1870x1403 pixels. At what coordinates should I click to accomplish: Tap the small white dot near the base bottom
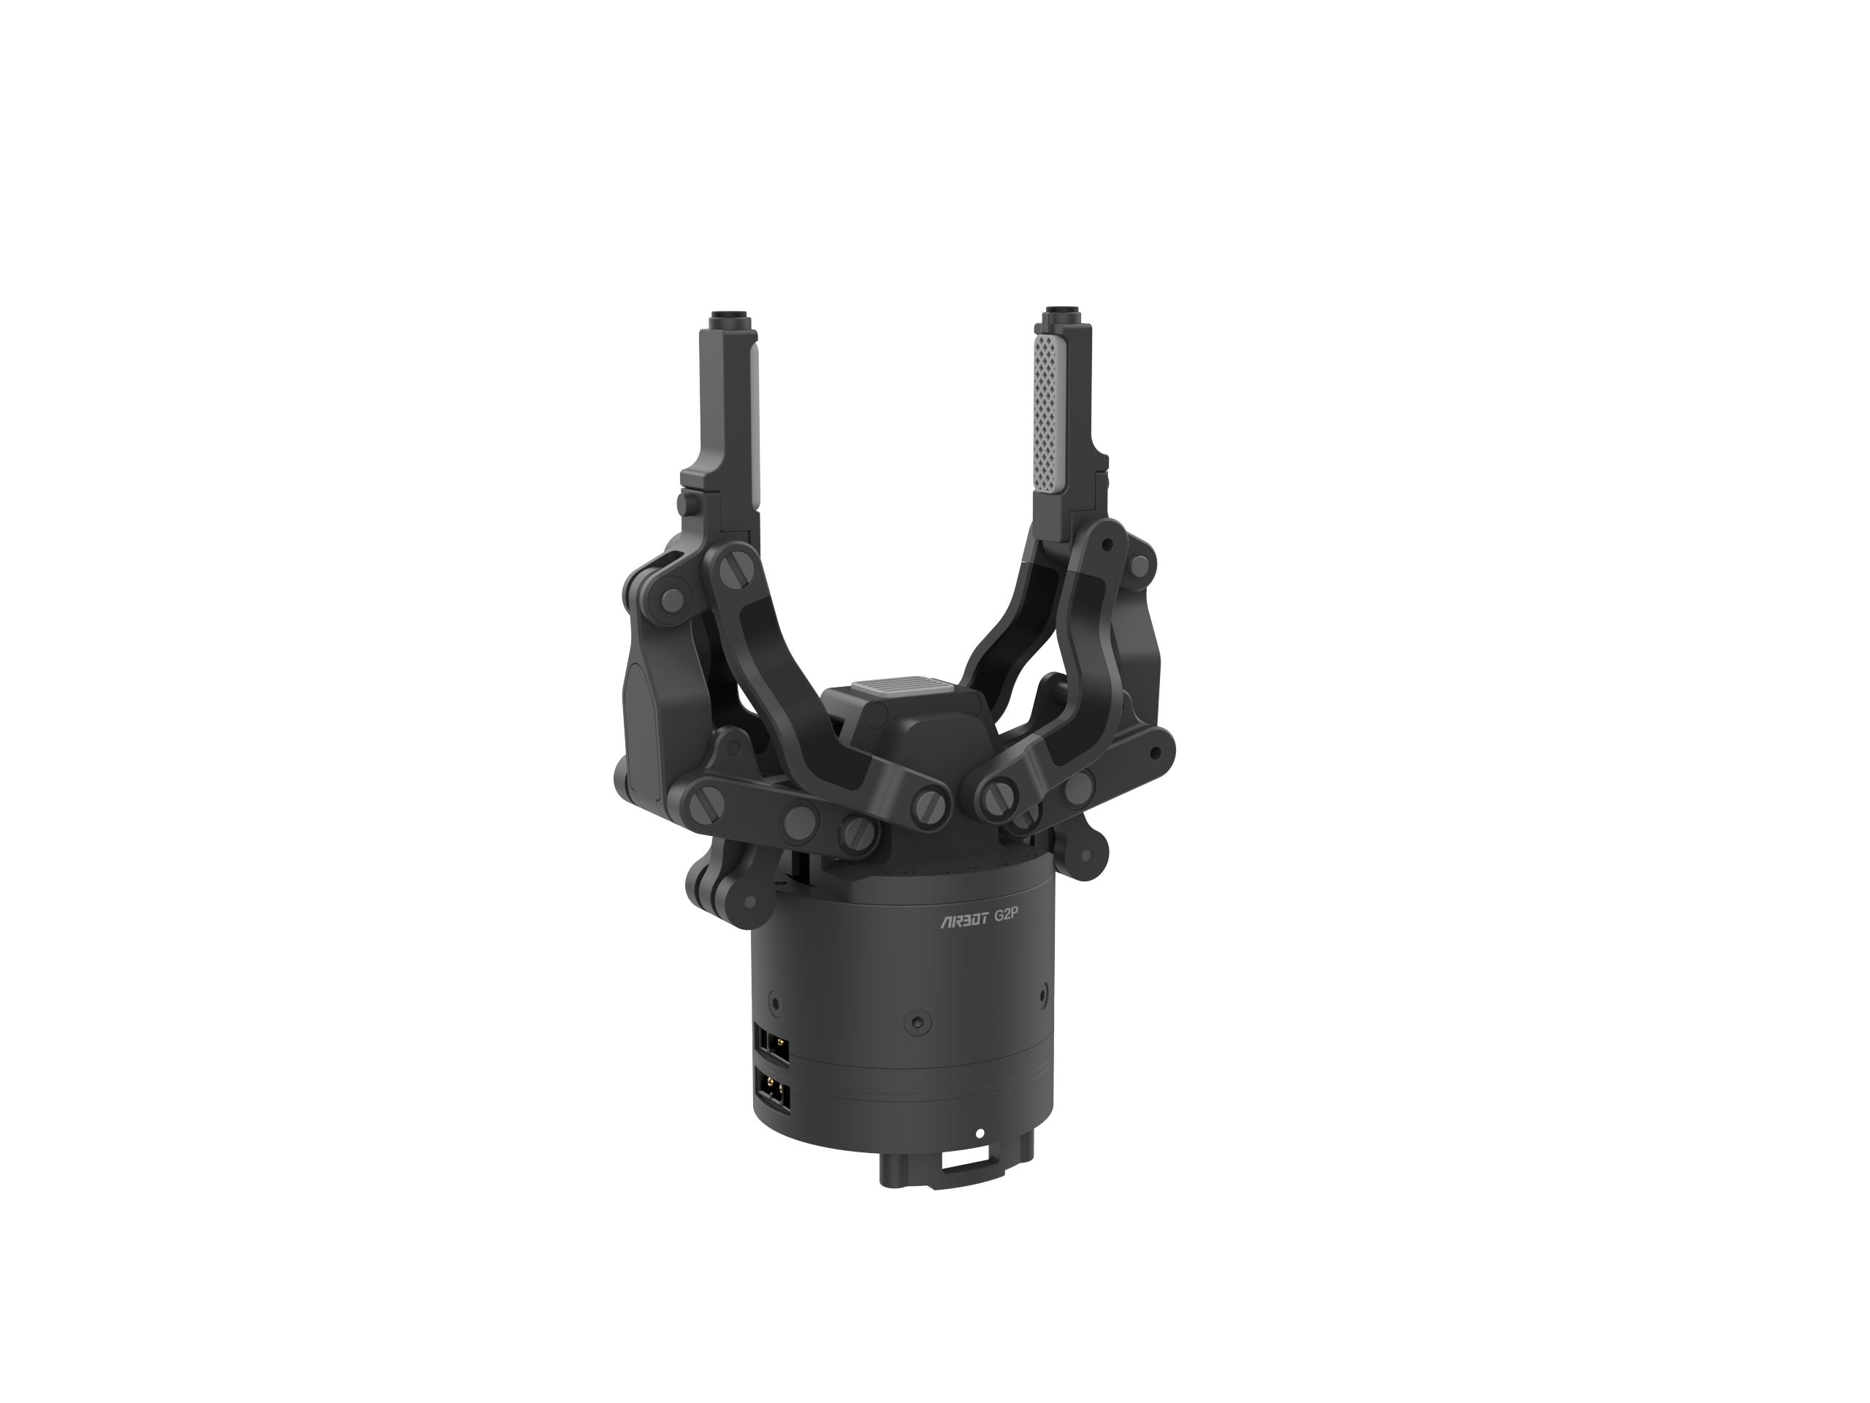980,1133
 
